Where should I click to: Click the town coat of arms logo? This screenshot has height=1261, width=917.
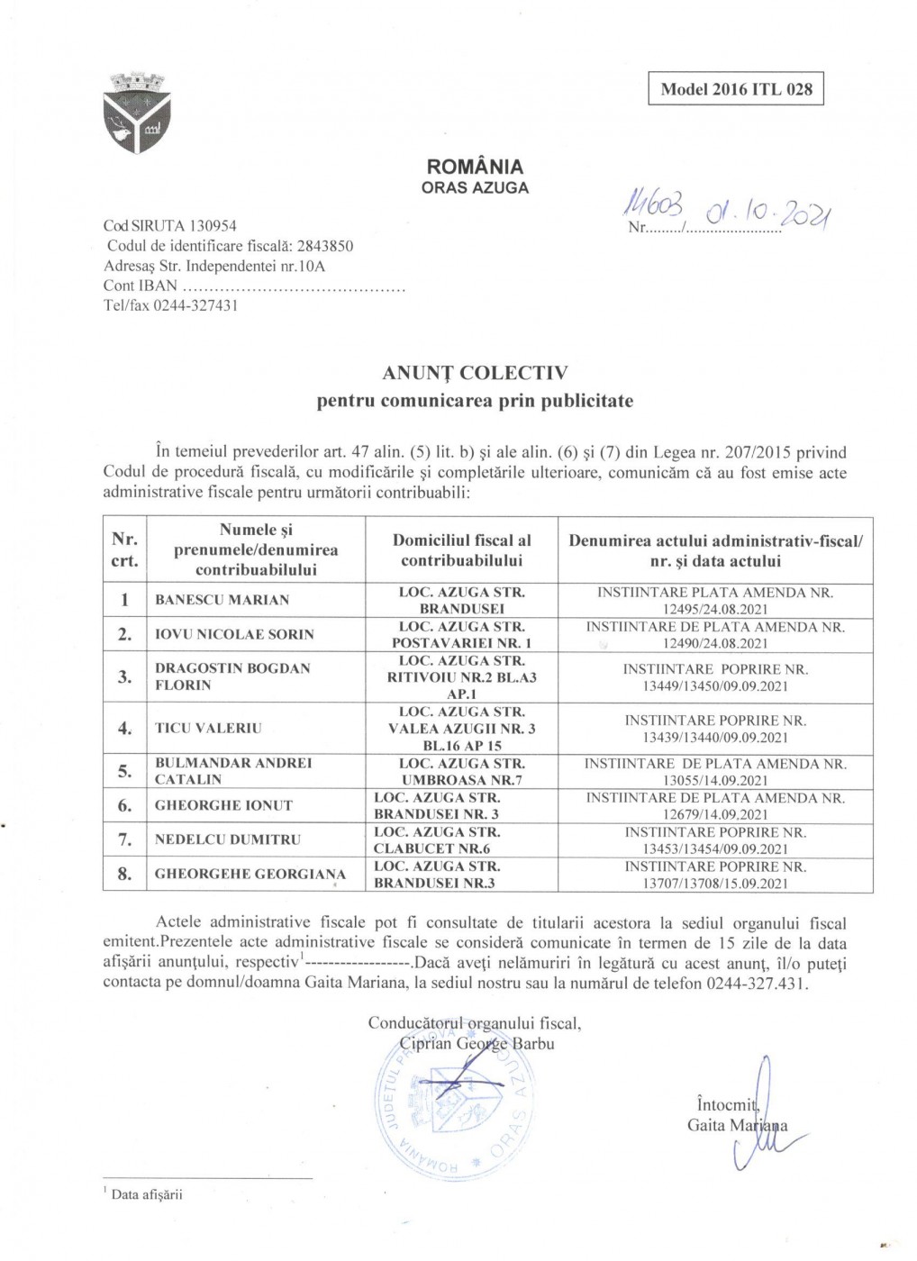(138, 113)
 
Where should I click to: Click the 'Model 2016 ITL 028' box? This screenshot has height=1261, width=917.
(736, 88)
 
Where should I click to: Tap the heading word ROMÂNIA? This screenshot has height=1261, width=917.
(475, 167)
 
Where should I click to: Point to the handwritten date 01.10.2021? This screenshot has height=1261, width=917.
(769, 212)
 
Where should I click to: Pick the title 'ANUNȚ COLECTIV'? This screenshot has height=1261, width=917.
(475, 373)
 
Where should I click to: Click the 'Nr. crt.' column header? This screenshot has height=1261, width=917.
(124, 549)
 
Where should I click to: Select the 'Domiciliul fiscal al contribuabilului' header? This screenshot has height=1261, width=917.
(461, 549)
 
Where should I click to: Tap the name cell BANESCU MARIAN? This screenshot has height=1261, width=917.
(222, 600)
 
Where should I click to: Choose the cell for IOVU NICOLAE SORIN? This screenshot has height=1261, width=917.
(234, 634)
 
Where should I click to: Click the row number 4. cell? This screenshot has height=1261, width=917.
(124, 728)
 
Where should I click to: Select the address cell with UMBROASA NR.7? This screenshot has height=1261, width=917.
(461, 771)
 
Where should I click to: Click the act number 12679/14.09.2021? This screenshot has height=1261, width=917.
(715, 814)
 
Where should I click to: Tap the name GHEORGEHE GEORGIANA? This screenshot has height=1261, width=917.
(250, 874)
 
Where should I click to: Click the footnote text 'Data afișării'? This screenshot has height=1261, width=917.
(147, 1194)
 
